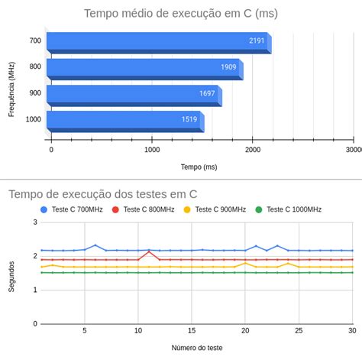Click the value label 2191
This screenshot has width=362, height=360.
257,41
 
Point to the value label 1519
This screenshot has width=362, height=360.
189,119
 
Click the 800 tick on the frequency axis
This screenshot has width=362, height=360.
36,67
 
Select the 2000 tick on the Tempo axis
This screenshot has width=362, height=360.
253,151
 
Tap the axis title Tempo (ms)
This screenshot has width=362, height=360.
199,167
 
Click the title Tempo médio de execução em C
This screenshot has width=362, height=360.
180,13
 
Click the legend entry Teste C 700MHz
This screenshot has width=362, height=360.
73,209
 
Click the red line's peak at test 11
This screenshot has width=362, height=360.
149,251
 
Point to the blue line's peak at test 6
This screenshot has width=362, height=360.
95,245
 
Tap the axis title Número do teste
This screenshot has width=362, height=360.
197,347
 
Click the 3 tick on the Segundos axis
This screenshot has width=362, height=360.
34,222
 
